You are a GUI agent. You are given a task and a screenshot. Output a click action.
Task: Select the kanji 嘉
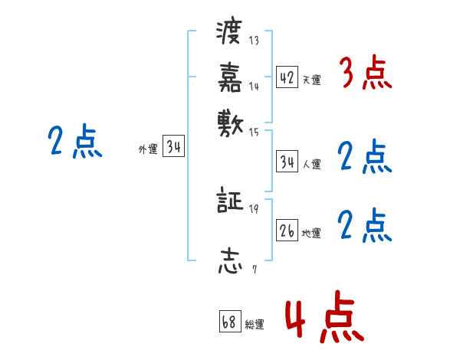click(229, 77)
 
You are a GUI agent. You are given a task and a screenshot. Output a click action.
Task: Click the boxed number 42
click(287, 78)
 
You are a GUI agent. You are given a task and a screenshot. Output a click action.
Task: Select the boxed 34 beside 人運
click(287, 162)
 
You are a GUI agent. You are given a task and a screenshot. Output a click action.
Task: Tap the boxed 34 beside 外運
click(172, 149)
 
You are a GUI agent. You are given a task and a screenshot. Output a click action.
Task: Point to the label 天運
click(312, 80)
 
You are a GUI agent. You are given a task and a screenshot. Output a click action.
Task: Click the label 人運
click(312, 164)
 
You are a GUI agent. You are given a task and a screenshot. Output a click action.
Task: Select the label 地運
click(312, 233)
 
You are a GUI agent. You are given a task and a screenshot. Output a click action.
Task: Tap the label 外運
click(148, 150)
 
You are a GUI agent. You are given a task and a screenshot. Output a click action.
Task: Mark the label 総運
click(255, 324)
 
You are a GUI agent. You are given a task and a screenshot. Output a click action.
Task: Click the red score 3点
click(365, 74)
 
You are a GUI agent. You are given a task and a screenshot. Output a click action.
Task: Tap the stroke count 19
click(254, 209)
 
